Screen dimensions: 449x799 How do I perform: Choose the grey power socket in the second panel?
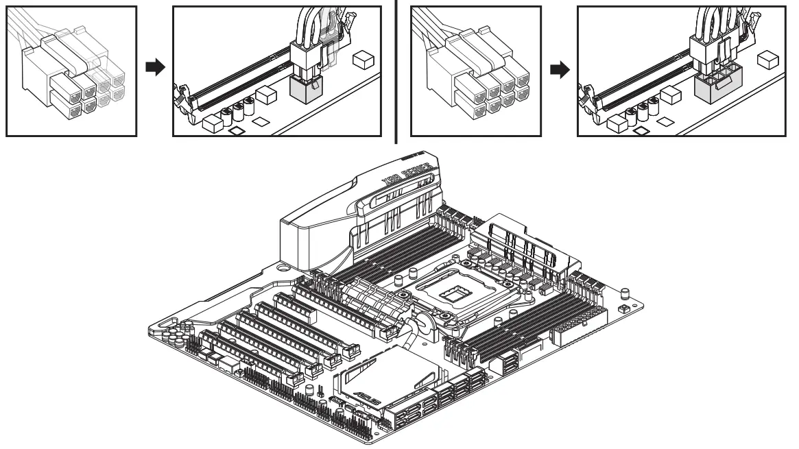306,88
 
